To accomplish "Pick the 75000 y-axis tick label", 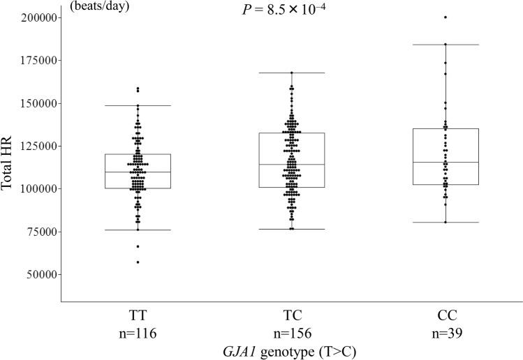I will (39, 232).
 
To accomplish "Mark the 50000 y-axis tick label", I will (39, 274).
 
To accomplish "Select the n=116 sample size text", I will (138, 333).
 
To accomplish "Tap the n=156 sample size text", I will (291, 333).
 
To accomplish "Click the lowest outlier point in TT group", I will (138, 262).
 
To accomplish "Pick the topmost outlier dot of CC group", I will (445, 17).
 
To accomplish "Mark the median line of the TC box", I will (291, 165).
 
